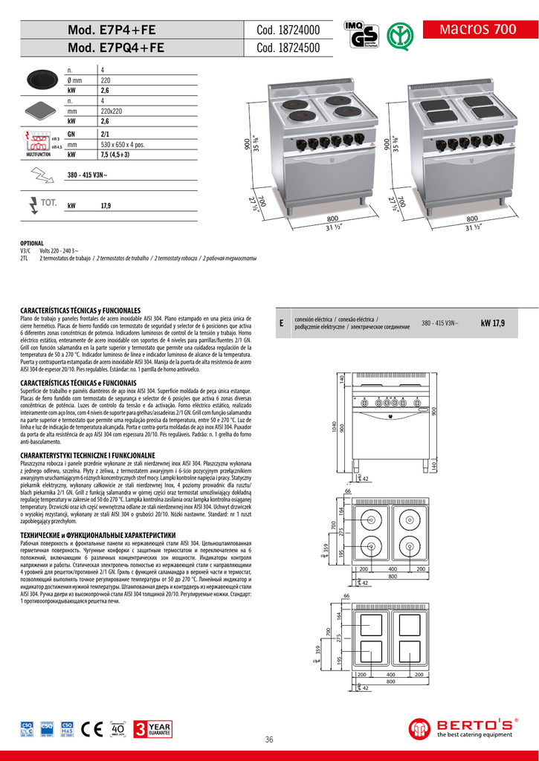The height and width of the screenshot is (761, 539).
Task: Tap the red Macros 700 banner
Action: point(478,30)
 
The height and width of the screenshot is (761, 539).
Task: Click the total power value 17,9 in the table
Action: point(106,206)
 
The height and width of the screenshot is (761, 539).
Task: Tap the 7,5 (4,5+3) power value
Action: point(115,155)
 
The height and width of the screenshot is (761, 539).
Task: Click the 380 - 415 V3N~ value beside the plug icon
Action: point(88,175)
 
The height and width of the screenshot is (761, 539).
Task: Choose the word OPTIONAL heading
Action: point(32,243)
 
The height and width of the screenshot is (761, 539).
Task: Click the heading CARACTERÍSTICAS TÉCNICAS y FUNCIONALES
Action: point(81,309)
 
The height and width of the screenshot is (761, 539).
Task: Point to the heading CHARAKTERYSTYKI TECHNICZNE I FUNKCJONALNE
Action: point(88,454)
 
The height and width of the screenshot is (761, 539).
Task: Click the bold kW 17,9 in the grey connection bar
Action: point(492,323)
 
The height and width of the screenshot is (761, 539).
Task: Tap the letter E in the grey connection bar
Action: point(282,323)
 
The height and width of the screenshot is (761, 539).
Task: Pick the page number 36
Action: point(269,739)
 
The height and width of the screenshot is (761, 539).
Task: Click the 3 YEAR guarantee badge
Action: point(152,729)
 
